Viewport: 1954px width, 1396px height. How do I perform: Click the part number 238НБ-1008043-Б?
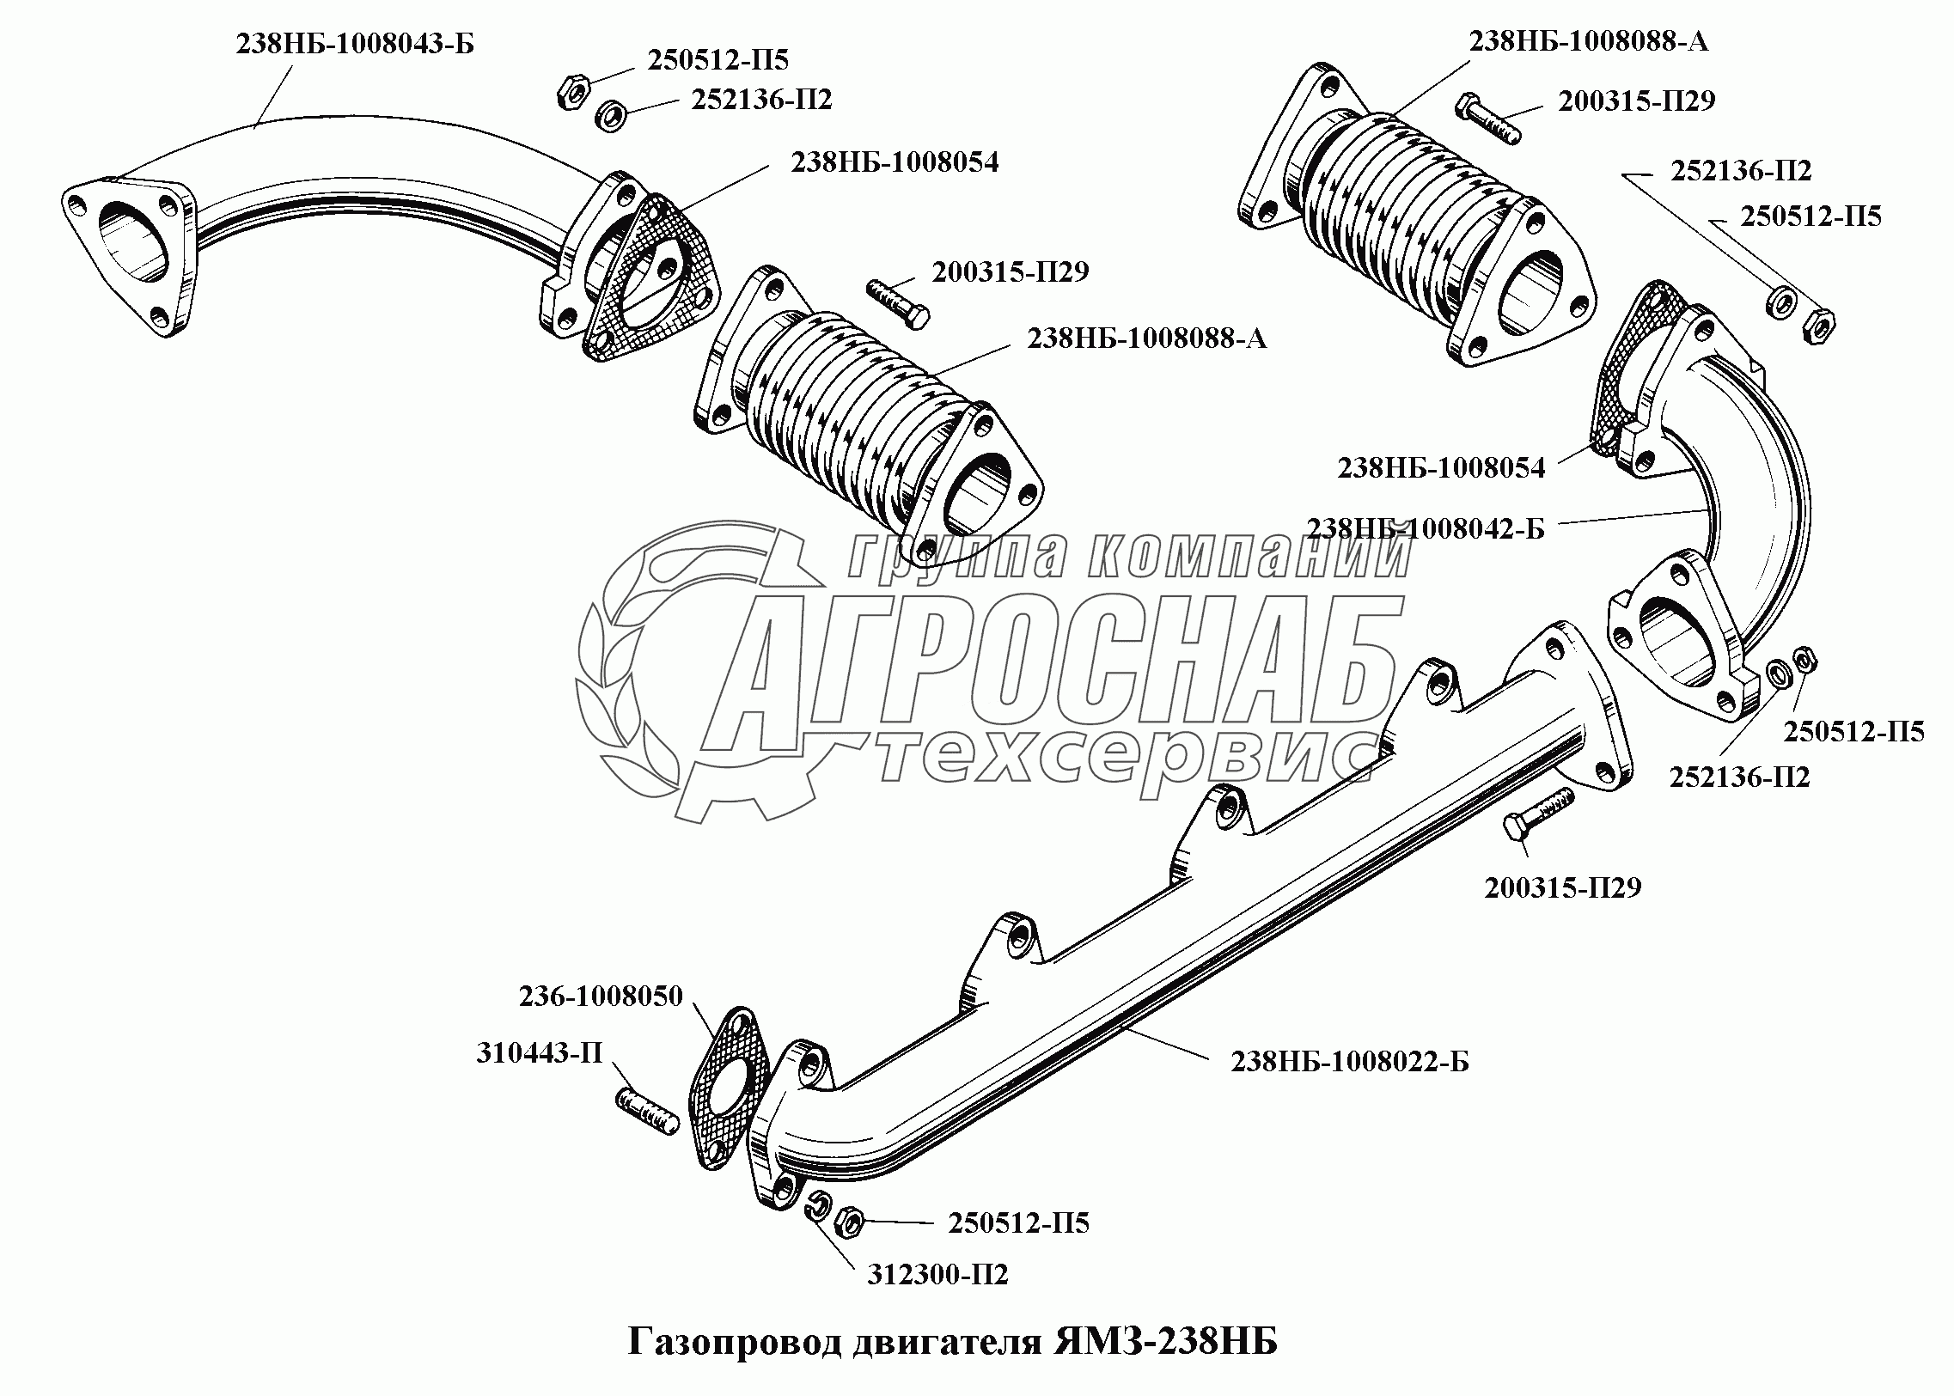[x=355, y=44]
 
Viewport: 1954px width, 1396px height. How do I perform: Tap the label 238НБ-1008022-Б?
[x=1350, y=1062]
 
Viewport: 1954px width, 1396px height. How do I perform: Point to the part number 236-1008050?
[x=601, y=997]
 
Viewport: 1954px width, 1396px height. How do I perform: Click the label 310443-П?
[x=540, y=1053]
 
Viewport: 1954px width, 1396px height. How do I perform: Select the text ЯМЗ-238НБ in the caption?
[x=1166, y=1342]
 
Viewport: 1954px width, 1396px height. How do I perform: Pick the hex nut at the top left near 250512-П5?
[x=571, y=91]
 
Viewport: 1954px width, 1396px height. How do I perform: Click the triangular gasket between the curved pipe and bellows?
[x=650, y=276]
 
